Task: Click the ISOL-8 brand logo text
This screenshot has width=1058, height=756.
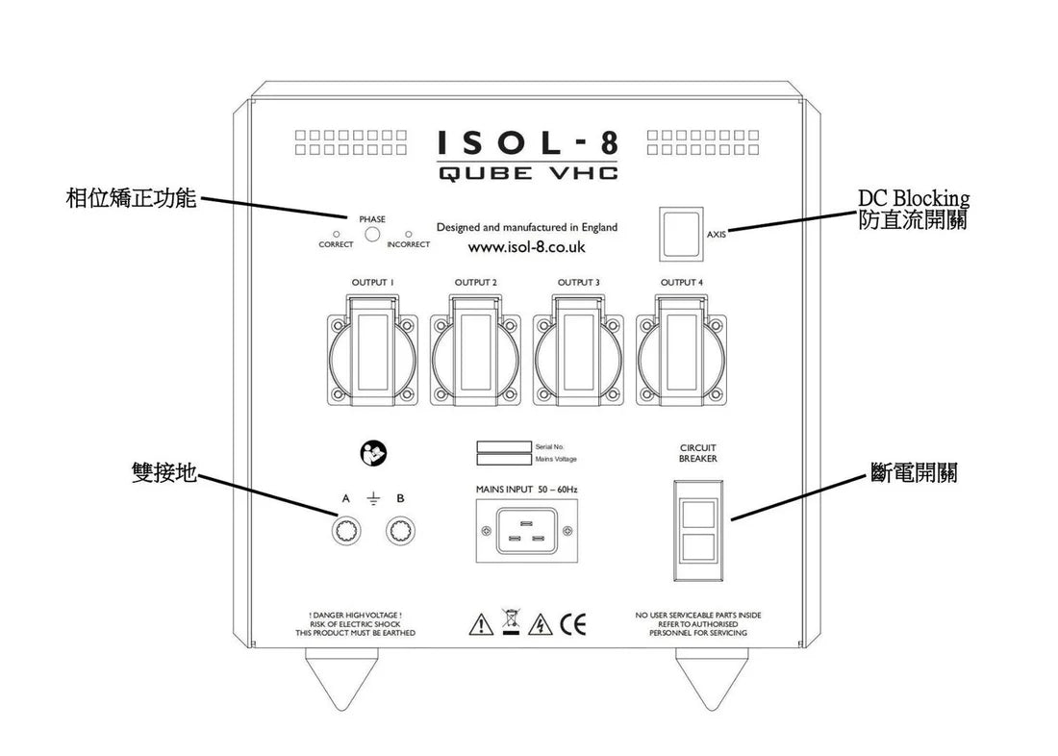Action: pos(528,143)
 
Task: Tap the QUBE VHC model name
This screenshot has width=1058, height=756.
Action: pos(528,173)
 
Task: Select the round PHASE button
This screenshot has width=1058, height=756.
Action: pos(372,234)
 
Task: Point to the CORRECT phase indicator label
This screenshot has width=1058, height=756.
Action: pos(336,245)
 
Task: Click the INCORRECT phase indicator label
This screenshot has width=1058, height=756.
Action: pos(408,245)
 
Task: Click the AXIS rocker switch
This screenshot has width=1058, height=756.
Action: pos(680,233)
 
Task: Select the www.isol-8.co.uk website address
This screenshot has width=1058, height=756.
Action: pos(527,247)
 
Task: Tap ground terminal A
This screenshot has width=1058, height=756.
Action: pos(346,531)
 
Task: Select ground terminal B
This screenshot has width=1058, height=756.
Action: pos(400,531)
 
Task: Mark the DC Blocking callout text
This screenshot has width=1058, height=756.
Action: pos(913,199)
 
